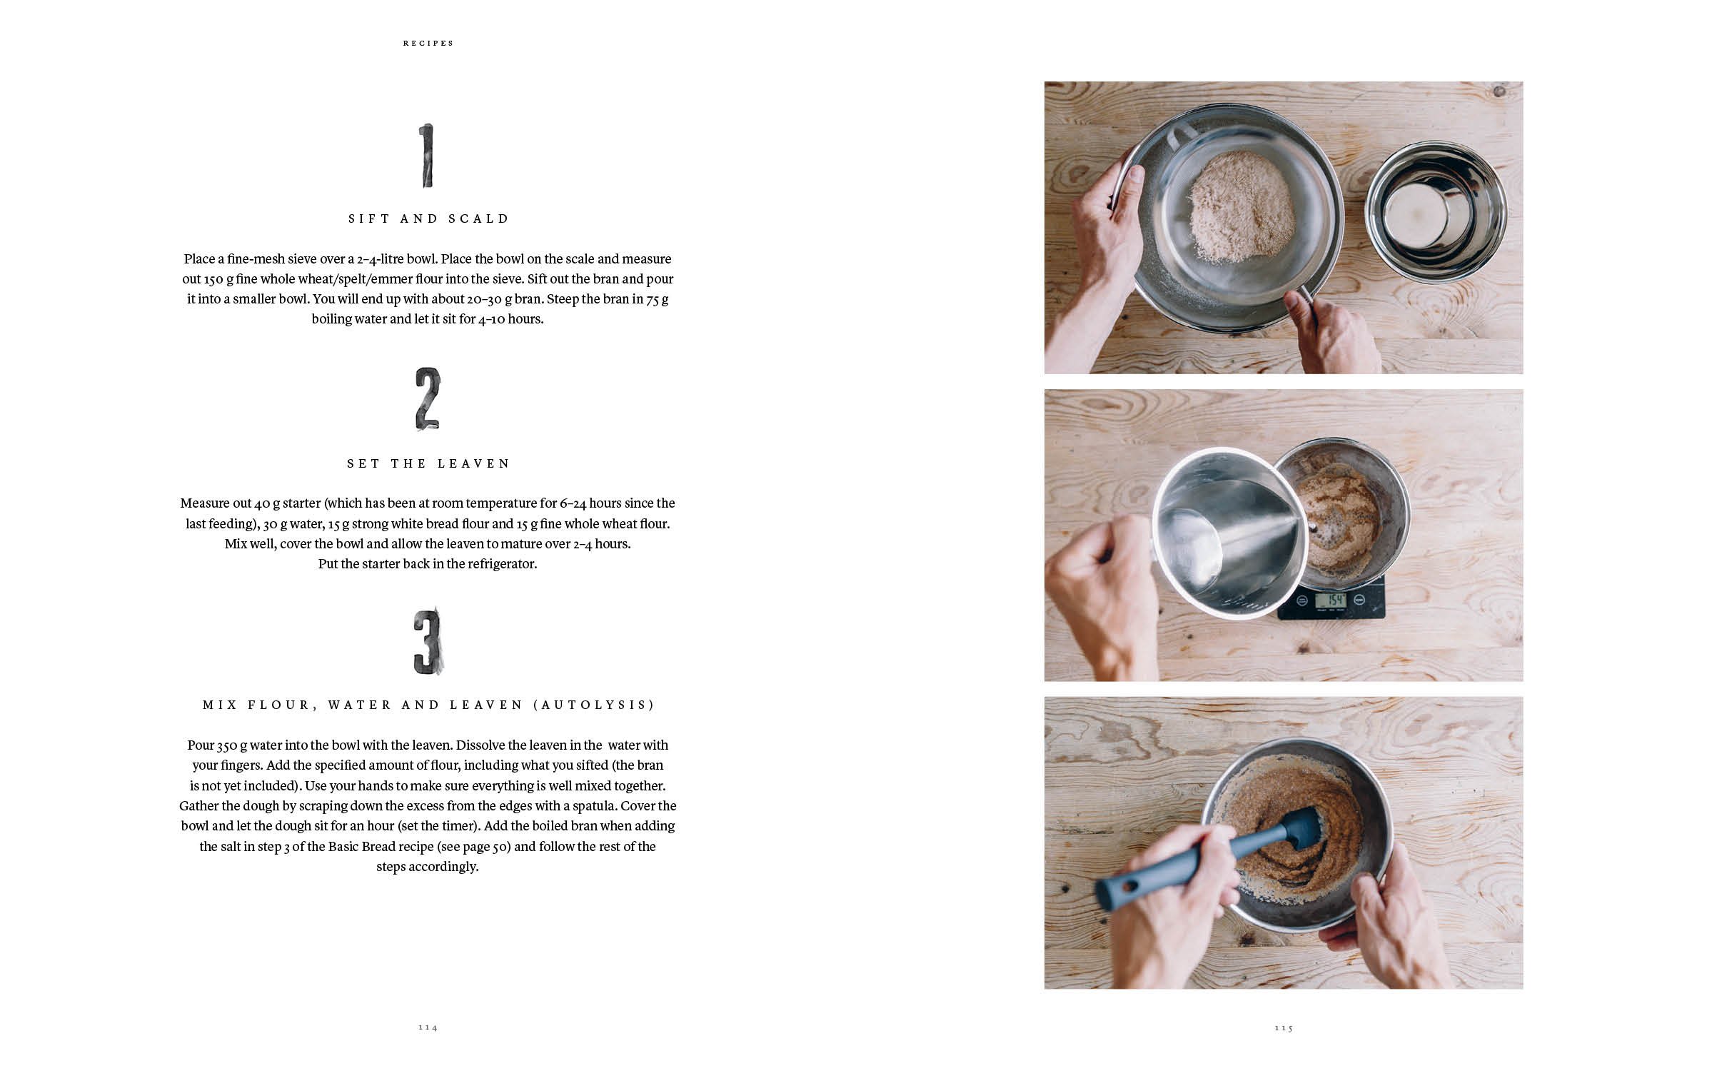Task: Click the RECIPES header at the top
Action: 428,43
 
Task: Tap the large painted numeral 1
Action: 426,156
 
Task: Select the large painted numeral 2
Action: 428,399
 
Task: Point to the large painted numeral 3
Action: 428,641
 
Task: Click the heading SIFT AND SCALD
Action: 428,218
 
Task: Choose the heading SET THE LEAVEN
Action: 428,463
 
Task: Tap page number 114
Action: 428,1027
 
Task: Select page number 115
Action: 1284,1027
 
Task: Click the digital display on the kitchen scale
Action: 1331,599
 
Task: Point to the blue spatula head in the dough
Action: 1292,830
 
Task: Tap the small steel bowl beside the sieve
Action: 1436,211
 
